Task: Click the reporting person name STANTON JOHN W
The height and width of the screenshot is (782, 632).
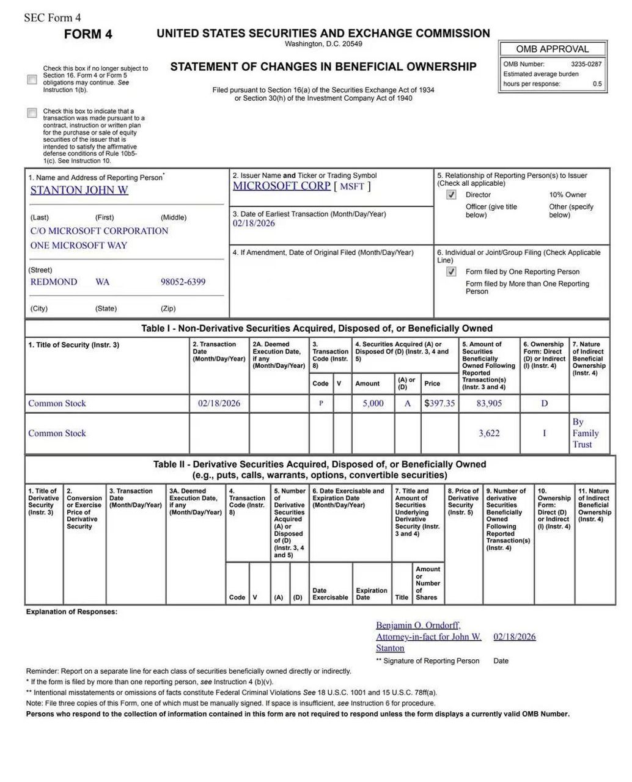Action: coord(79,190)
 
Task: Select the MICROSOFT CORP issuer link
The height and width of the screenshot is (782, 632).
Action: coord(281,186)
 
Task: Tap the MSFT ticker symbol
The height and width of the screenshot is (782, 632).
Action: coord(352,186)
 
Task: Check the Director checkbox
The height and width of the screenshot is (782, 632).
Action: coord(451,195)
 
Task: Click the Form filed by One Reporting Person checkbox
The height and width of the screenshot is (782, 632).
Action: coord(451,272)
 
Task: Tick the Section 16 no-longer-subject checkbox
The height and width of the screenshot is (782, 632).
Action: coord(32,79)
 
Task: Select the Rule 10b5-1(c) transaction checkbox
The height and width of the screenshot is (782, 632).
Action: coord(32,113)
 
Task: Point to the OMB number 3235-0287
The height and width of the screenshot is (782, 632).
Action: coord(586,64)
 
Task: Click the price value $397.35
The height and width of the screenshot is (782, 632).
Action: coord(439,403)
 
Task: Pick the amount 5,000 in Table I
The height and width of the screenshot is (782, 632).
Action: coord(373,403)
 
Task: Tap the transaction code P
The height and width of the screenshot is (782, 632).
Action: coord(321,403)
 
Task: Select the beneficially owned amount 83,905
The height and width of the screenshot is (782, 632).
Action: coord(489,403)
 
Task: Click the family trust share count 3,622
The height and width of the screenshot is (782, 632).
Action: coord(489,433)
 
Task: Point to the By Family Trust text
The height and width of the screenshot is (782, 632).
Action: coord(585,433)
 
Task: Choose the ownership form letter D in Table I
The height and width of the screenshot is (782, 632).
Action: coord(544,403)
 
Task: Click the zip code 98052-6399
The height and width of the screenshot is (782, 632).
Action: coord(183,282)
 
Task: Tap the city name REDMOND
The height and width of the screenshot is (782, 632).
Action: coord(54,282)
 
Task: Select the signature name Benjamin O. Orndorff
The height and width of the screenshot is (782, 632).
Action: coord(418,625)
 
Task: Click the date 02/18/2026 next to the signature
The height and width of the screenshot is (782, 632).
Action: coord(514,637)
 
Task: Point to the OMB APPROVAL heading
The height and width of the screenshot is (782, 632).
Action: coord(552,49)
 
